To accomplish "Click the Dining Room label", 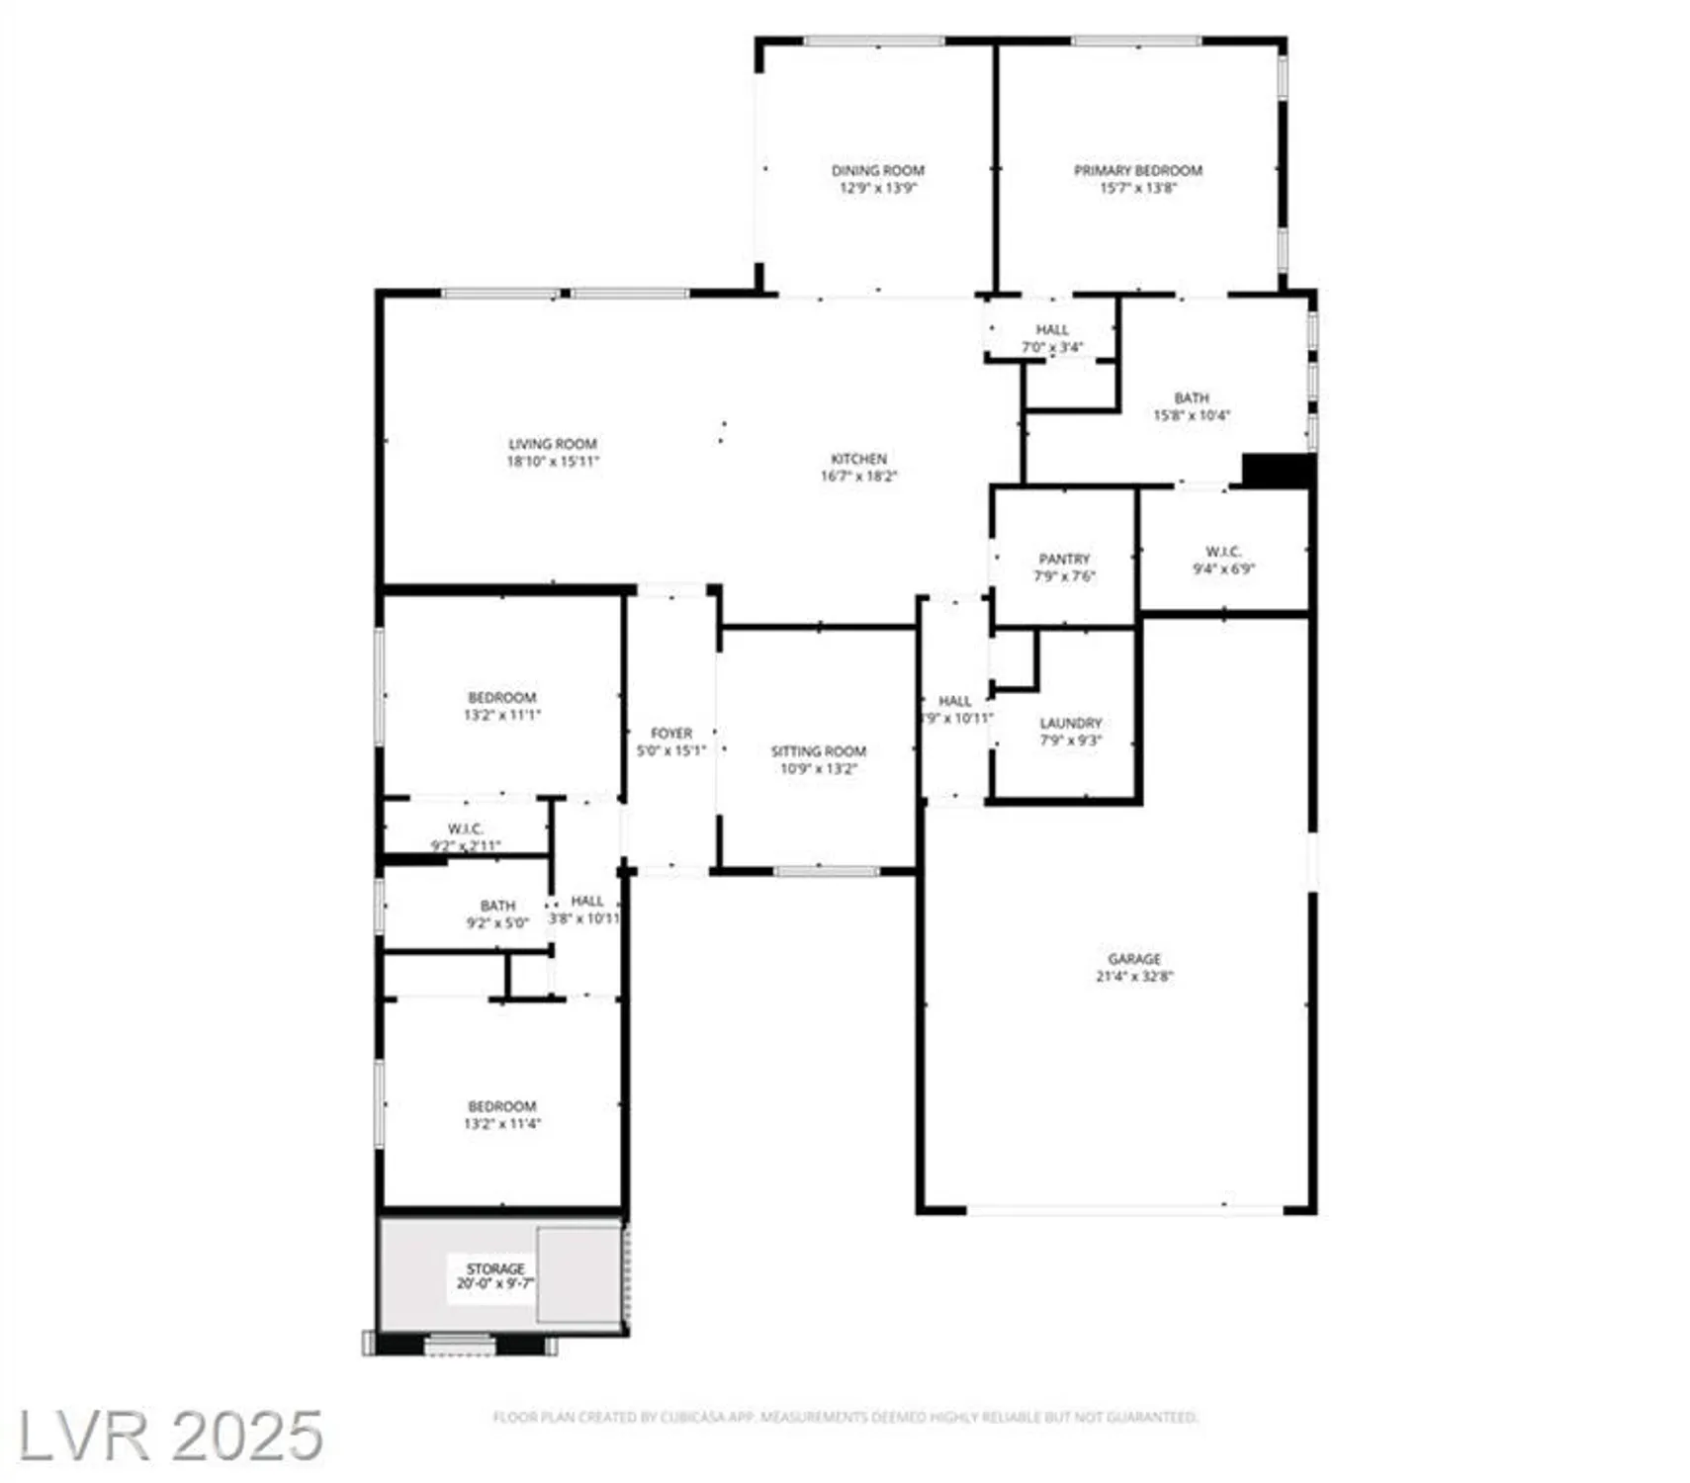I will click(x=876, y=170).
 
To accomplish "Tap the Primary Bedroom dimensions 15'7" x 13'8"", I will click(x=1137, y=188).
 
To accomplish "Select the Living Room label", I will click(x=552, y=444).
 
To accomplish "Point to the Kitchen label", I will click(x=858, y=459).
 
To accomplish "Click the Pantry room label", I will click(x=1064, y=559).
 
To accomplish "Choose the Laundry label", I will click(x=1070, y=723).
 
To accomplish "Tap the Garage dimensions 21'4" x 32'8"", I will click(x=1133, y=976).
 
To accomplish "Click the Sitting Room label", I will click(x=818, y=751).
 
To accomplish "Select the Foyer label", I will click(x=670, y=734).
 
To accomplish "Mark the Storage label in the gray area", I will click(x=494, y=1268).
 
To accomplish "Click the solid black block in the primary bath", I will click(x=1277, y=471).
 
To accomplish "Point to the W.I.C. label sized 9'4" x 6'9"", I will click(x=1223, y=552).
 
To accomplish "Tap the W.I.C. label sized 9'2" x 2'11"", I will click(x=465, y=829).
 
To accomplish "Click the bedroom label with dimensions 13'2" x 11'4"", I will click(x=501, y=1106).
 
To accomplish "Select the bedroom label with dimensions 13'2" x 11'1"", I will click(x=501, y=697).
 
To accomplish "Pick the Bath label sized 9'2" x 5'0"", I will click(x=497, y=906).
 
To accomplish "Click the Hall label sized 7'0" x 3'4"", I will click(x=1051, y=329).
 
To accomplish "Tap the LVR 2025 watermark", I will click(x=170, y=1436).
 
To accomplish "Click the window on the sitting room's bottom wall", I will click(x=826, y=871).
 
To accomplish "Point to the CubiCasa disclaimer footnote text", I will click(x=845, y=1417).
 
